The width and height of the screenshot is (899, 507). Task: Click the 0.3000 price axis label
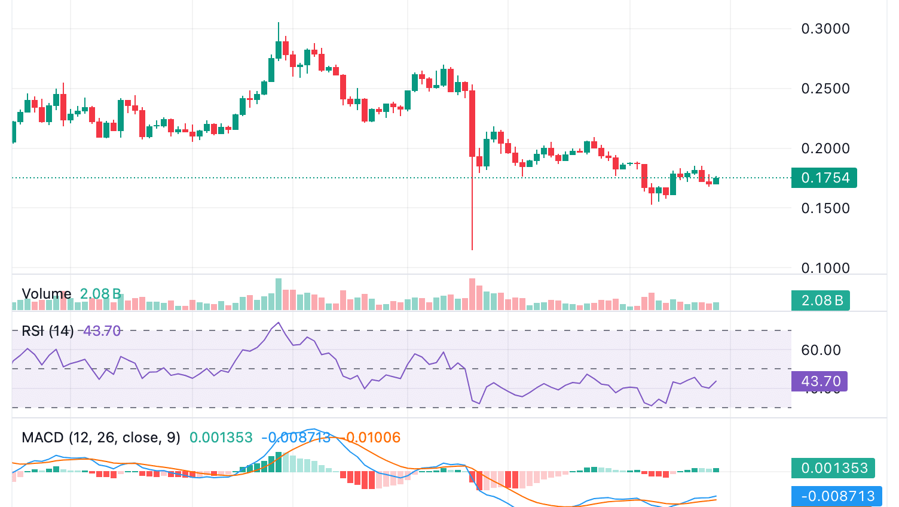point(825,29)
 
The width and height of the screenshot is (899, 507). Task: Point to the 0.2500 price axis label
point(825,89)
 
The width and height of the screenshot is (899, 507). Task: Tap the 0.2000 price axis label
point(825,148)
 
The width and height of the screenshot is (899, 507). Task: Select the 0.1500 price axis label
point(825,208)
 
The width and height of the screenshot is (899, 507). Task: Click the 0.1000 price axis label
point(825,268)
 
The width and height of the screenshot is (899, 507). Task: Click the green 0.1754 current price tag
point(824,178)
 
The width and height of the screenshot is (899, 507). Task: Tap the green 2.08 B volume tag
point(820,300)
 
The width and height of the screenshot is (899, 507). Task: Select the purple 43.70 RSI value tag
point(819,381)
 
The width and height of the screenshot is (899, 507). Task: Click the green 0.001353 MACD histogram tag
point(833,468)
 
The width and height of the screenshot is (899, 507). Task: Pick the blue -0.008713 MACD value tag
point(836,496)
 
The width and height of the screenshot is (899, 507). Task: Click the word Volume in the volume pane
point(46,294)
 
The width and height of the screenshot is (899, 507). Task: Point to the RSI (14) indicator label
point(47,331)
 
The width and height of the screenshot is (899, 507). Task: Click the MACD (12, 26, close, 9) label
point(100,438)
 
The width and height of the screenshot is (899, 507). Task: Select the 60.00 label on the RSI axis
point(820,350)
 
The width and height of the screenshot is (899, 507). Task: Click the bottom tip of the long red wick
point(472,250)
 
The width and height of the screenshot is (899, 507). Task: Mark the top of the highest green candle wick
point(278,23)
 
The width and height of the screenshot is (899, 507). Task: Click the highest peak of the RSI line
point(278,323)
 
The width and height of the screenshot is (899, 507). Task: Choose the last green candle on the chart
point(715,180)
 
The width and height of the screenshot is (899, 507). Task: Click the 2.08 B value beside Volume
point(100,294)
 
